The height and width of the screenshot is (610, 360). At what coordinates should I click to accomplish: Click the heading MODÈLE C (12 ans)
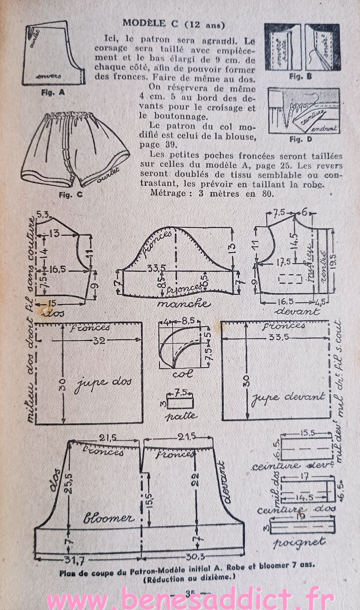[x=174, y=23]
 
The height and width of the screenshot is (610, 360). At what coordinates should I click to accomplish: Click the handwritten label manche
[x=183, y=304]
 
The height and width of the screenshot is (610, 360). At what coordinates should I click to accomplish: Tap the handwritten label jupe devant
[x=288, y=396]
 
